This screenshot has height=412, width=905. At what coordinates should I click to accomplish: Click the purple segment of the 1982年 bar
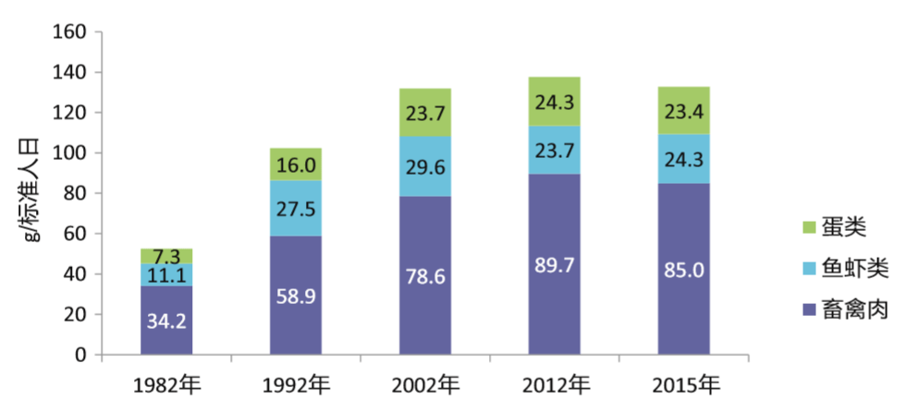tap(166, 320)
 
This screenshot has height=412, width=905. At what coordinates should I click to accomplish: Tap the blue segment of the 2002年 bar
tap(425, 166)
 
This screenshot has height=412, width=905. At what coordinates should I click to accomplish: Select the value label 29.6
tap(425, 166)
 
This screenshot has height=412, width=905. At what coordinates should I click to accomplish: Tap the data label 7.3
tap(167, 255)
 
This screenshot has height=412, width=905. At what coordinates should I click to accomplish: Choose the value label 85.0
tap(683, 272)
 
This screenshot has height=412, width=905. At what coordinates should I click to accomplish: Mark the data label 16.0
tap(296, 165)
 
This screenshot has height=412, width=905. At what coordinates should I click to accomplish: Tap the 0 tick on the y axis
tap(80, 356)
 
